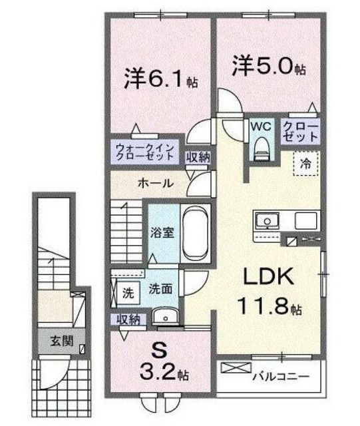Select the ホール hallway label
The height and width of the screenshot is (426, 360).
[x=156, y=182]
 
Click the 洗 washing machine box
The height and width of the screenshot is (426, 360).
[x=126, y=292]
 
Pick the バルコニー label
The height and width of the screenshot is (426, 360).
[x=281, y=377]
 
